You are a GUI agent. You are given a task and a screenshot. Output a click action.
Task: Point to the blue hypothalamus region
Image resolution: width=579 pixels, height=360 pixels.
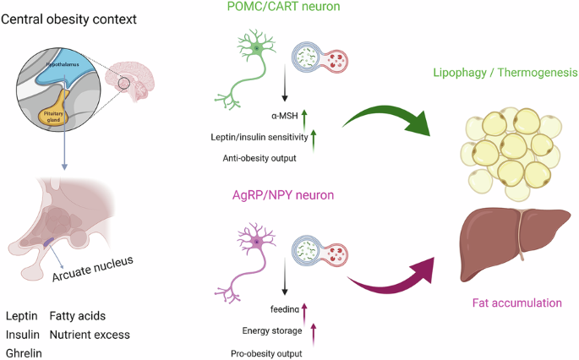[x=63, y=70]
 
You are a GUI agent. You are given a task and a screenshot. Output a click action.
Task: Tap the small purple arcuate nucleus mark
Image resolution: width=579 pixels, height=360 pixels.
[x=49, y=242]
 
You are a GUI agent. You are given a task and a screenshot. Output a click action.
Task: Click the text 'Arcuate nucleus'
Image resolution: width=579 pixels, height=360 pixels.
[x=92, y=269]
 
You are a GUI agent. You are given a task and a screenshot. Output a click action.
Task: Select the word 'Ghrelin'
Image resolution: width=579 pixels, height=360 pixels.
[x=24, y=353]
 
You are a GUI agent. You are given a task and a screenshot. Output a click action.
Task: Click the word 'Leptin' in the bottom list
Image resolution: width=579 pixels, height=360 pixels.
[x=22, y=316]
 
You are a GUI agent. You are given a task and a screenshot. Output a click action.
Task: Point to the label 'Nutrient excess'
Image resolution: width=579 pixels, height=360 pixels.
[x=90, y=335]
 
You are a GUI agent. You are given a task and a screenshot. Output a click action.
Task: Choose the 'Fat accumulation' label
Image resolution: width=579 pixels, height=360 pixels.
[x=517, y=303]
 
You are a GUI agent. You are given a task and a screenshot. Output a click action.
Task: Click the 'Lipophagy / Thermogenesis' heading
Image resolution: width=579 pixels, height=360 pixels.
[x=505, y=73]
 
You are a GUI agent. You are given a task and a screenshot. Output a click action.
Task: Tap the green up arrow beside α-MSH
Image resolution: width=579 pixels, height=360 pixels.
[x=304, y=120]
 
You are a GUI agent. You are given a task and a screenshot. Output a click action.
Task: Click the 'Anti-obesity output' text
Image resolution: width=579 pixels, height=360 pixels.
[x=259, y=158]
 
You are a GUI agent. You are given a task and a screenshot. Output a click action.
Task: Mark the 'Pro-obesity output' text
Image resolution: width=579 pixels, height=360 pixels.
[x=266, y=354]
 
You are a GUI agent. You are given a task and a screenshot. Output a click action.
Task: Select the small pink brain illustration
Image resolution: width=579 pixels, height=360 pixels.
[x=129, y=81]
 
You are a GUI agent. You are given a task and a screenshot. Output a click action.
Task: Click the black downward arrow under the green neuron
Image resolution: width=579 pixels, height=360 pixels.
[x=284, y=83]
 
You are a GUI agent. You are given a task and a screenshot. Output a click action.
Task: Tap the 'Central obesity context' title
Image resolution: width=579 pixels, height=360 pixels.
[x=68, y=19]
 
